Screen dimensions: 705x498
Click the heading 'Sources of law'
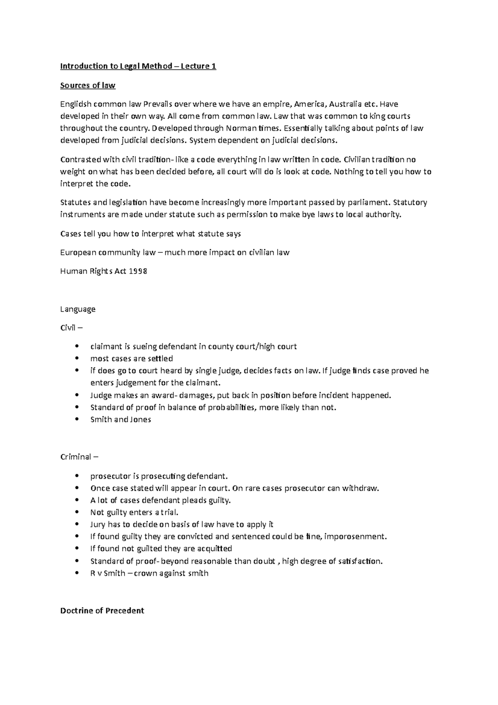pos(88,86)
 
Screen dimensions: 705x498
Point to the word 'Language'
pos(78,309)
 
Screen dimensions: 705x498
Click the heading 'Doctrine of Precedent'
pos(102,611)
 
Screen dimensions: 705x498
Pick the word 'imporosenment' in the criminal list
pos(355,536)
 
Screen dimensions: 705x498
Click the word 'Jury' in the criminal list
pos(98,524)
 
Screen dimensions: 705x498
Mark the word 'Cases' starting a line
pos(71,234)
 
